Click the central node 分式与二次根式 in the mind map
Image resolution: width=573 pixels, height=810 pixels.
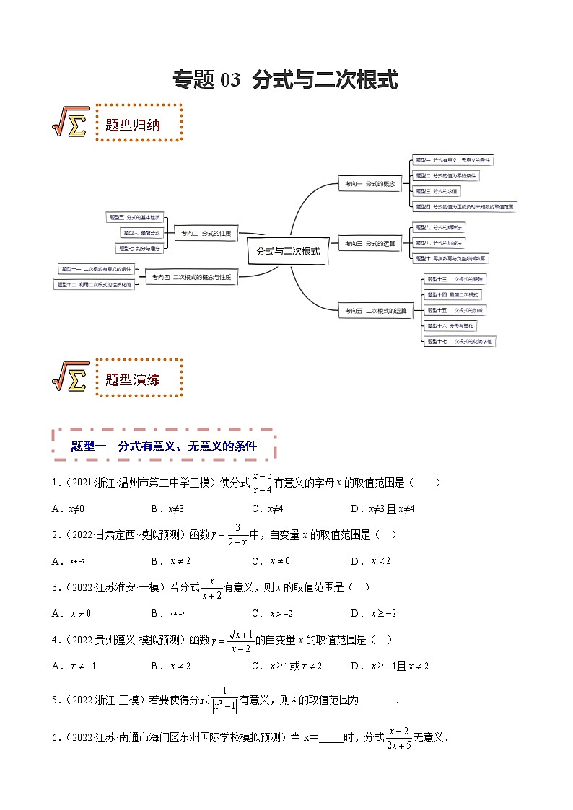tap(288, 252)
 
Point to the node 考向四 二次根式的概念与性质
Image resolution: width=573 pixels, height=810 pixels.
tap(191, 277)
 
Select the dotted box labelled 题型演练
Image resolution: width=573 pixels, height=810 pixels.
tap(139, 378)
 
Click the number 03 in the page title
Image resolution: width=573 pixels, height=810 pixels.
tap(230, 80)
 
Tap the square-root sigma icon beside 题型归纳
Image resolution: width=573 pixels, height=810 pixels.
tap(70, 123)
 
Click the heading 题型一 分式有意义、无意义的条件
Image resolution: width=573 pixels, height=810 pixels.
tap(165, 446)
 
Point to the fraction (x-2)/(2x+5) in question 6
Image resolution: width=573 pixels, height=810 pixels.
tap(398, 738)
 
